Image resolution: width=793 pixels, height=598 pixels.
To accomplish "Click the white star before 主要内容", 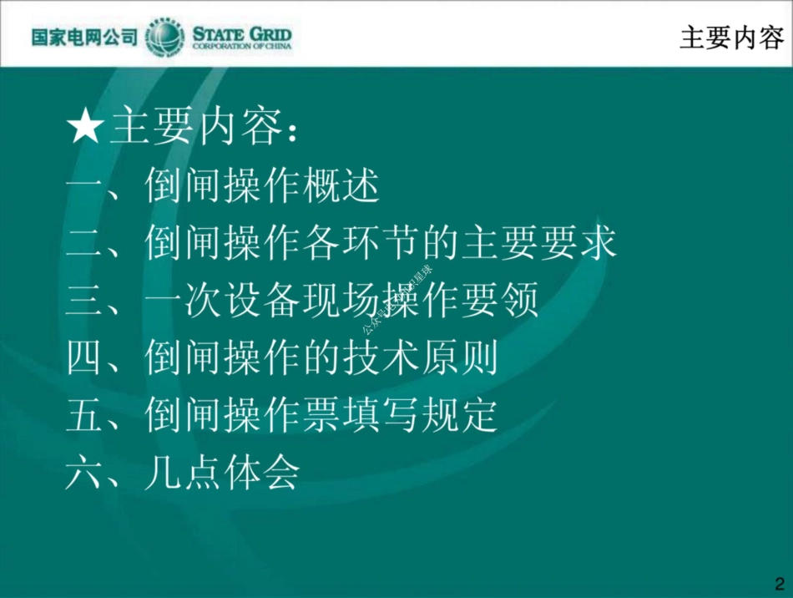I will (x=85, y=129).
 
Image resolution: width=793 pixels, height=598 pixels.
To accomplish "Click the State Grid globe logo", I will (x=165, y=38).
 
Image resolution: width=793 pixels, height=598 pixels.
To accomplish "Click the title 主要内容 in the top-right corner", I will (x=731, y=38).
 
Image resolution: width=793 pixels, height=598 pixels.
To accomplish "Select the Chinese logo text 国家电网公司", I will (x=84, y=38).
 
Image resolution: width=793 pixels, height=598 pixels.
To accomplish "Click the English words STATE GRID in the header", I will (x=242, y=33).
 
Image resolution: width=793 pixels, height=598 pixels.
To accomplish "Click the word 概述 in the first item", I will (x=341, y=185).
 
